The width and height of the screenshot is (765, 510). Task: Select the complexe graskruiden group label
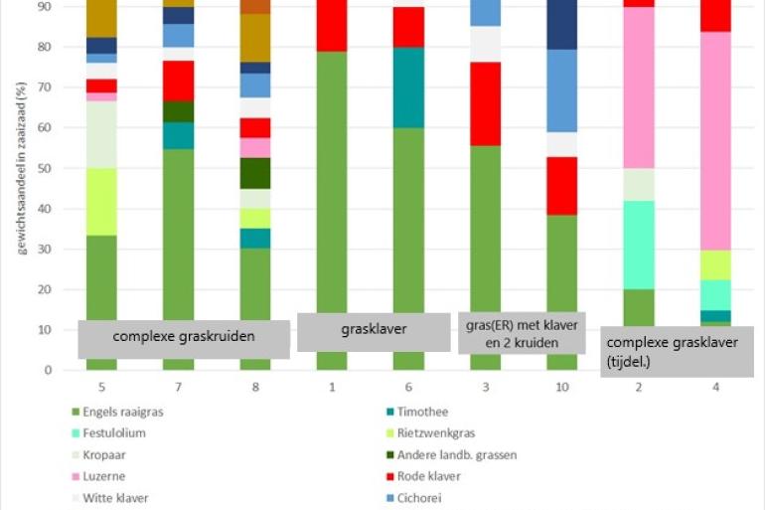pos(184,337)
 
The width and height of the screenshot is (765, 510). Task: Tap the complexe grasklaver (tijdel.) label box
pos(678,351)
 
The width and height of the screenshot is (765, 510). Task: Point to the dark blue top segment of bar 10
pos(561,25)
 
